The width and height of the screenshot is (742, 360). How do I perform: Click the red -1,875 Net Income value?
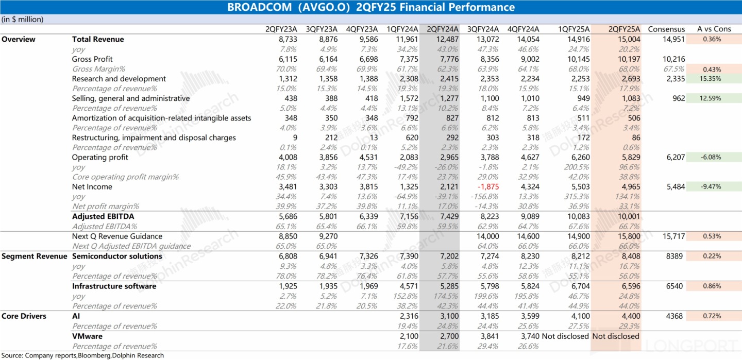pos(487,187)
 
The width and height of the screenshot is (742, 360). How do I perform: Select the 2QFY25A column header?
pos(624,29)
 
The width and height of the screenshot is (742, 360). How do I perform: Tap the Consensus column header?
pos(666,29)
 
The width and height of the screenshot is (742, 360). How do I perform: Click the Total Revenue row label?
pos(98,39)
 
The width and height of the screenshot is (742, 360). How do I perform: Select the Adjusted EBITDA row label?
pos(103,217)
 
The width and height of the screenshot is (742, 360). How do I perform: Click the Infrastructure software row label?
pos(114,286)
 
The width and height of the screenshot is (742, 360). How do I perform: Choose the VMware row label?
pos(87,336)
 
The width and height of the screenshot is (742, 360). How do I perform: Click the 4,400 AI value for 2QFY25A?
pos(630,316)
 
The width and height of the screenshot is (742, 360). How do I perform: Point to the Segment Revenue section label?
pos(35,256)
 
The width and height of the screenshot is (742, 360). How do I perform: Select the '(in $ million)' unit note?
pos(23,20)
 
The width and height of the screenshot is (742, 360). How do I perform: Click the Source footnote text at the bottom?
pos(82,355)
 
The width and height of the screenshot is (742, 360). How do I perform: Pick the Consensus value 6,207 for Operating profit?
pos(675,157)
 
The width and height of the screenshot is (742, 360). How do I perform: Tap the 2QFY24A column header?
pos(442,29)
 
